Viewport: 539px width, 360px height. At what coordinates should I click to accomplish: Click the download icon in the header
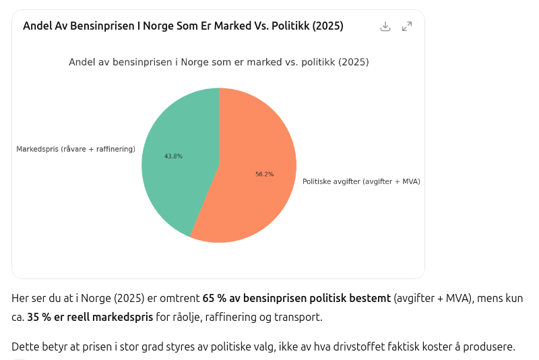click(x=385, y=26)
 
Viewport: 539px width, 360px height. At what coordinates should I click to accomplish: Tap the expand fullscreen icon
click(x=407, y=26)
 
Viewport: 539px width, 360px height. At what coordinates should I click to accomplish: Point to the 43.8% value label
click(x=173, y=156)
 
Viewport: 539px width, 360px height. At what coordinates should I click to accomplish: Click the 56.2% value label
click(x=264, y=174)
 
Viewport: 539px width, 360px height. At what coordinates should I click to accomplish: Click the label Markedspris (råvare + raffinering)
click(x=75, y=149)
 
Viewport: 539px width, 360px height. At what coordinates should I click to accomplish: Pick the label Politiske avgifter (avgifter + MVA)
click(x=361, y=181)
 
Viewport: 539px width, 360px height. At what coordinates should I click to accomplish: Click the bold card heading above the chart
click(x=183, y=26)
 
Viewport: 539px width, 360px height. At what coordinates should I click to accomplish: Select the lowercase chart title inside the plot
click(x=218, y=62)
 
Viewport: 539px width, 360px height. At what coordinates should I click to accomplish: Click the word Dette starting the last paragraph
click(x=26, y=347)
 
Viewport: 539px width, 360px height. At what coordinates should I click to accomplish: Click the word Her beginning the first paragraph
click(x=22, y=298)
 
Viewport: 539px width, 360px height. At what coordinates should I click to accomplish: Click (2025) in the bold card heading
click(x=324, y=26)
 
